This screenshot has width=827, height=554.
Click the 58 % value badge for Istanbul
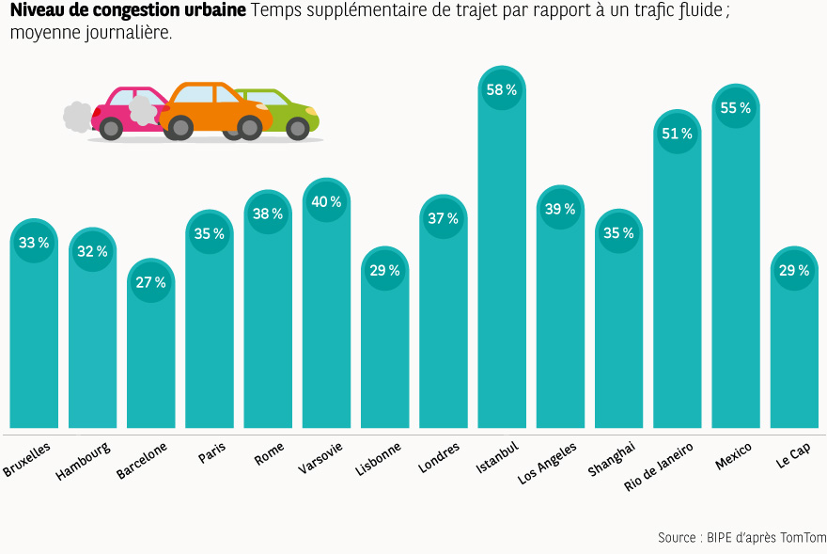click(x=502, y=90)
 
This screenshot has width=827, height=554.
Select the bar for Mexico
click(x=735, y=282)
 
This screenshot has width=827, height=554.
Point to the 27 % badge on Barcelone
click(x=150, y=282)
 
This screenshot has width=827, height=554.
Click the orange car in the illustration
click(x=214, y=109)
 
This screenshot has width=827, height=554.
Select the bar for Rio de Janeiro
click(x=677, y=301)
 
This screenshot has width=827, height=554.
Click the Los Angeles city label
click(x=548, y=462)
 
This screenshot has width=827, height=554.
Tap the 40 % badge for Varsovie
click(x=326, y=202)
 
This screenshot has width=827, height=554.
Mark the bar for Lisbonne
click(x=384, y=357)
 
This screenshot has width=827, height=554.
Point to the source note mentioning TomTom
click(x=741, y=538)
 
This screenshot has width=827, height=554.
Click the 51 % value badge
click(x=677, y=134)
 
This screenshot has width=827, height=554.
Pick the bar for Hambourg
click(x=92, y=348)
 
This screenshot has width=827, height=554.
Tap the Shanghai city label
click(x=612, y=458)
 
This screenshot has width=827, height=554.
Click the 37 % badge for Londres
click(x=443, y=218)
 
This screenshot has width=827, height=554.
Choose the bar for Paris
click(x=209, y=339)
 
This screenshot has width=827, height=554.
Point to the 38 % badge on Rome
click(x=268, y=214)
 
